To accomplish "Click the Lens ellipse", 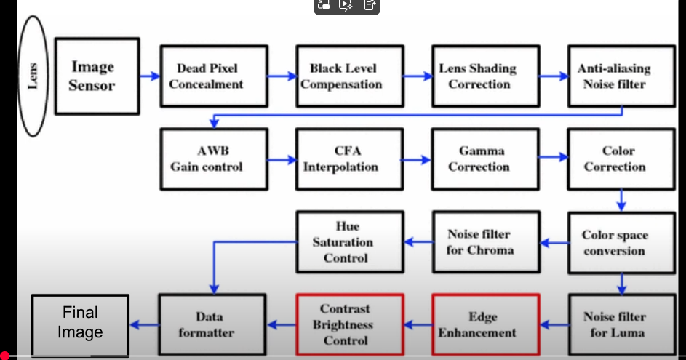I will pos(32,76).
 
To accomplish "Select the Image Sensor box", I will pos(96,76).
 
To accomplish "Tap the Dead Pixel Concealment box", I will pos(206,76).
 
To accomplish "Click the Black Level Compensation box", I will pos(341,76).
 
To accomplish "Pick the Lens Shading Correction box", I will pos(478,76).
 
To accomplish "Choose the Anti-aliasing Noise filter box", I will pos(614,76).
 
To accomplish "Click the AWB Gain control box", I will pos(206,159).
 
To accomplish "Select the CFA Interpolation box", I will pos(341,159).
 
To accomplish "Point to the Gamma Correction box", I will pos(478,159).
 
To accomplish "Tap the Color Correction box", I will pos(614,159).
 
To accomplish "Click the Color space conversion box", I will pos(614,243).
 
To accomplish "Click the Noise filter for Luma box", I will pos(614,325).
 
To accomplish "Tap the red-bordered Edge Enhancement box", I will pos(485,325).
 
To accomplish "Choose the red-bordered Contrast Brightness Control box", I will pos(345,325).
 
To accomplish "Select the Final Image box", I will pos(80,323).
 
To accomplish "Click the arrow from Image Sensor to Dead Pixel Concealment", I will pos(149,76).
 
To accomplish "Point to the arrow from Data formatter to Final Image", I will pos(143,325).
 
